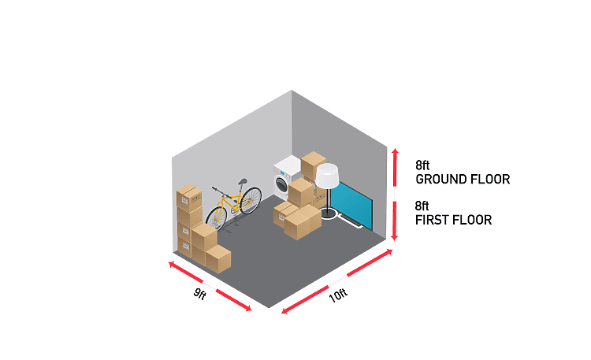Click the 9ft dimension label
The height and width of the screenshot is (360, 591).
click(200, 294)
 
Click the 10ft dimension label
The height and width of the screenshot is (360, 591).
click(338, 295)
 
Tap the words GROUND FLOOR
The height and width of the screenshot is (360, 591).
click(463, 179)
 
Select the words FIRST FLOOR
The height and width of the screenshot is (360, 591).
click(453, 220)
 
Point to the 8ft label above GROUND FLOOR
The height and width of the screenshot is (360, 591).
click(422, 165)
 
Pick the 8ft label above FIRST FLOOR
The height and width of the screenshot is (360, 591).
click(422, 206)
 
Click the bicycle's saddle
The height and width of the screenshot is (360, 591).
click(243, 181)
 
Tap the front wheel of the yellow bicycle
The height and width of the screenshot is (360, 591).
click(217, 219)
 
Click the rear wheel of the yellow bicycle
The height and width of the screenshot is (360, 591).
click(251, 201)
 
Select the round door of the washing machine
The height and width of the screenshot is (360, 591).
click(281, 185)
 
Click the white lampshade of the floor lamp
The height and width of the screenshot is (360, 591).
click(327, 176)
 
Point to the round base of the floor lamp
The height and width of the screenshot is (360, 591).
click(328, 213)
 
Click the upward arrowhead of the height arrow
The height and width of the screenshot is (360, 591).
click(395, 151)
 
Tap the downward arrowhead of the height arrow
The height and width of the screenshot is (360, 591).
click(395, 237)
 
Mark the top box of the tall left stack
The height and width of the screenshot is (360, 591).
click(189, 198)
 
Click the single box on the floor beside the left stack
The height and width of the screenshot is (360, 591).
click(217, 259)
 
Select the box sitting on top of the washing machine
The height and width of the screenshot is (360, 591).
click(313, 165)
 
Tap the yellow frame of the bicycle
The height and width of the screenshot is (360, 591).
click(235, 201)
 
